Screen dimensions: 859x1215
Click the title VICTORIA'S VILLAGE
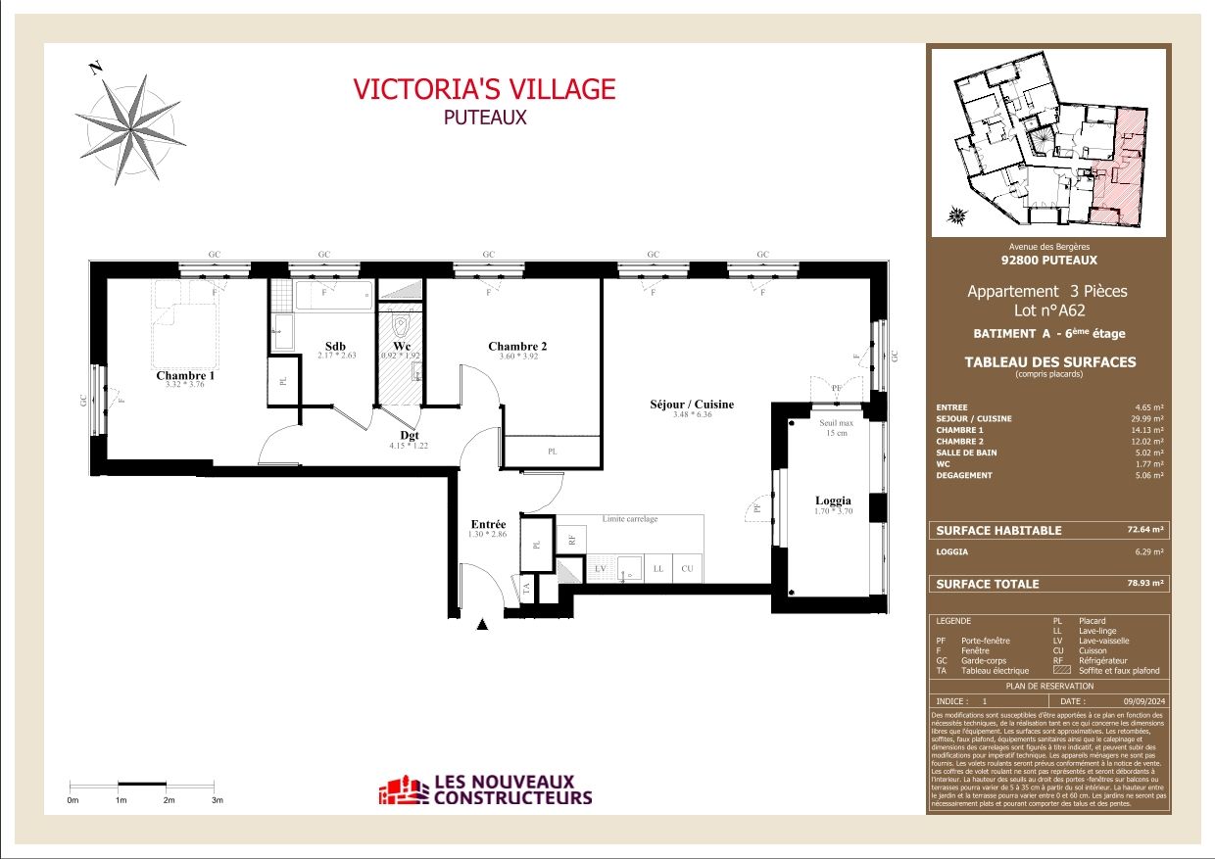click(x=484, y=89)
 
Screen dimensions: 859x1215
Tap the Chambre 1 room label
click(x=185, y=375)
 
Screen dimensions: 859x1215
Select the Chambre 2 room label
click(x=517, y=346)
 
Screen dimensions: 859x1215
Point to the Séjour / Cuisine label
click(x=691, y=404)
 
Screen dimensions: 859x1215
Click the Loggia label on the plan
click(x=833, y=500)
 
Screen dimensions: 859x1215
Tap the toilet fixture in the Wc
click(x=401, y=323)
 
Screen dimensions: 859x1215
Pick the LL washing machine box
click(x=657, y=568)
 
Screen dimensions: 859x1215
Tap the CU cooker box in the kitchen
click(x=688, y=568)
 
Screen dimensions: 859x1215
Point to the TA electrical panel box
click(x=526, y=589)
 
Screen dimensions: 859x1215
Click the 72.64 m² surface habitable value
click(x=1144, y=530)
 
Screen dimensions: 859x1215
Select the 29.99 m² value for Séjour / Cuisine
click(x=1144, y=418)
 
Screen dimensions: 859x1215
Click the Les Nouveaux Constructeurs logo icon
click(x=405, y=790)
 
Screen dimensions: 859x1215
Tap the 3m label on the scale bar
click(x=218, y=800)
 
